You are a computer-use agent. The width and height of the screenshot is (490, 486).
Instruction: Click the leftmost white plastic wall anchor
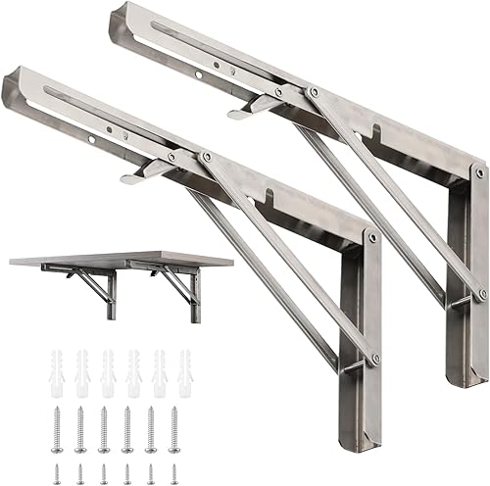pyautogui.click(x=57, y=364)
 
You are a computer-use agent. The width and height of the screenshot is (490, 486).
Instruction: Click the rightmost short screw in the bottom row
pyautogui.click(x=174, y=468)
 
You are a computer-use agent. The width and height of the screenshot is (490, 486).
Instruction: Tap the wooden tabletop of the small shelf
pyautogui.click(x=108, y=257)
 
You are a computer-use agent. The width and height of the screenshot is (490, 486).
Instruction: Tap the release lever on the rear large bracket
pyautogui.click(x=253, y=105)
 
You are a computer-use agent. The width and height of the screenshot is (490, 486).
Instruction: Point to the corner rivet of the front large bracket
pyautogui.click(x=372, y=237)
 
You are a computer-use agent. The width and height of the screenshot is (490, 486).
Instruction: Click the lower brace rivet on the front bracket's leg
pyautogui.click(x=374, y=360)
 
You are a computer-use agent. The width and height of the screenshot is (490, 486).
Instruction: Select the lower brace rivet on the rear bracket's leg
pyautogui.click(x=481, y=293)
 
